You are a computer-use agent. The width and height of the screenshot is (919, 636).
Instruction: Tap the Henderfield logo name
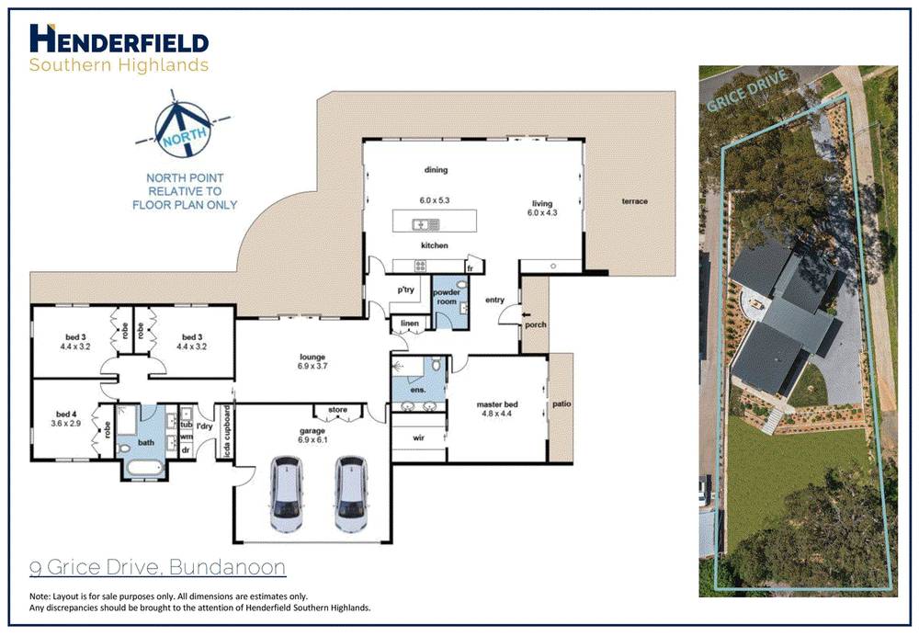[119, 40]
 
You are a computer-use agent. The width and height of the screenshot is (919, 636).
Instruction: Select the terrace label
[634, 201]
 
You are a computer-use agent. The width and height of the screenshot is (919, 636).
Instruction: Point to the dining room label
[435, 169]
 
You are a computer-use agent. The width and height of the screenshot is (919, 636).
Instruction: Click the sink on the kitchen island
[424, 222]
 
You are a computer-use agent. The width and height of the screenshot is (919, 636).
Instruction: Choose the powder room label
[447, 296]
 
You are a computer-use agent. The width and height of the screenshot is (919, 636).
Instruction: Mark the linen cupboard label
[406, 323]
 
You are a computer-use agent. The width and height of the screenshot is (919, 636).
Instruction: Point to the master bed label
[497, 403]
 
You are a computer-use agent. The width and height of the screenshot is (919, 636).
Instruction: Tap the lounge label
[313, 358]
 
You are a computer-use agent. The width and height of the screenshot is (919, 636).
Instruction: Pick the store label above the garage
[337, 411]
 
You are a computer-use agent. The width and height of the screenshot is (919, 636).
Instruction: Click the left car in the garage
[288, 494]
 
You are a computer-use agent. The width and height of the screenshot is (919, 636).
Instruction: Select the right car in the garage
[350, 494]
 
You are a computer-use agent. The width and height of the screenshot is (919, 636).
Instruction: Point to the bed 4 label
[67, 414]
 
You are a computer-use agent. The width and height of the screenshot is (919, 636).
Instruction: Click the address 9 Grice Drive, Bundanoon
[158, 567]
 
